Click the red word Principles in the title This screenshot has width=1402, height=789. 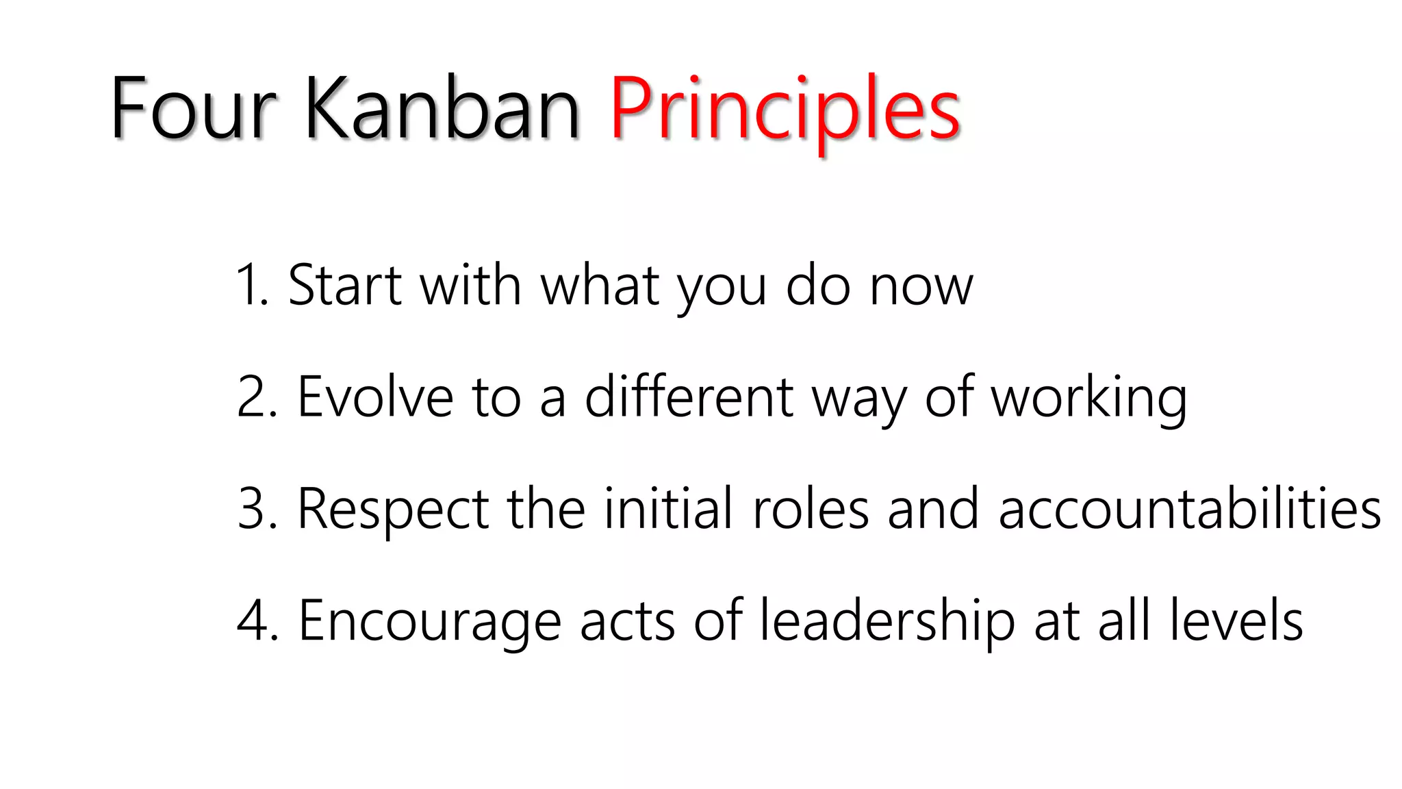coord(785,110)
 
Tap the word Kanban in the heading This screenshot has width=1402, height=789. coord(442,110)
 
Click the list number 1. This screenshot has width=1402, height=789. coord(248,285)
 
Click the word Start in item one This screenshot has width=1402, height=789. coord(344,285)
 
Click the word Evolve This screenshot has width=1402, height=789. coord(374,397)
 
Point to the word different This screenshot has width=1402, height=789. coord(689,397)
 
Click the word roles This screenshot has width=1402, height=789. coord(811,510)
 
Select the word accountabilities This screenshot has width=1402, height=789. coord(1190,510)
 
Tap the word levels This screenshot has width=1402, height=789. coord(1236,621)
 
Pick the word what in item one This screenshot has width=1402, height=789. coord(600,285)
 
